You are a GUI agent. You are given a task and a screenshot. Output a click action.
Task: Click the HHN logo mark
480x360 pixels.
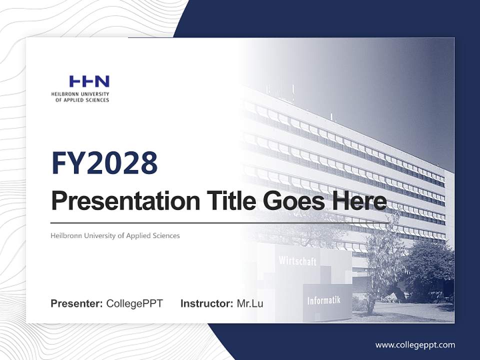coord(89,81)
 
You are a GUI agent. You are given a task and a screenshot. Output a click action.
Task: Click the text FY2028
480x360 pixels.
coord(104,163)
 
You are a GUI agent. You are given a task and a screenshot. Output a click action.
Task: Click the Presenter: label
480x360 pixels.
coord(77,303)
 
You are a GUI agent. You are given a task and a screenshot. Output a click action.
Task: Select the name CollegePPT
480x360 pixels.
coord(134,303)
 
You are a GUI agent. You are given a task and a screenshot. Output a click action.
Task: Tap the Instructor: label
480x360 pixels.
coord(207,303)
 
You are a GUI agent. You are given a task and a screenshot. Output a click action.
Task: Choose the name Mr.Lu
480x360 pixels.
coord(250,303)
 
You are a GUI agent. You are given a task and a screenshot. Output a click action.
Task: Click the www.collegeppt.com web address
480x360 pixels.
coord(415,345)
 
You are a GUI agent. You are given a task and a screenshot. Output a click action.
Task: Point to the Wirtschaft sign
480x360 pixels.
coord(297,260)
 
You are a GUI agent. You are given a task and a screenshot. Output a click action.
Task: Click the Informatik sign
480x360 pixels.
coord(323,300)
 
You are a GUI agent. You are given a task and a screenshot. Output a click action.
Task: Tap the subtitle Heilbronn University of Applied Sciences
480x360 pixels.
coord(115,235)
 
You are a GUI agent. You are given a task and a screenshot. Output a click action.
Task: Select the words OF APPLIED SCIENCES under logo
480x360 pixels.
coord(82,100)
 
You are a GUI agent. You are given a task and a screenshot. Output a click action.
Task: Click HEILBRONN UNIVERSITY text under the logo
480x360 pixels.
coord(80,94)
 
